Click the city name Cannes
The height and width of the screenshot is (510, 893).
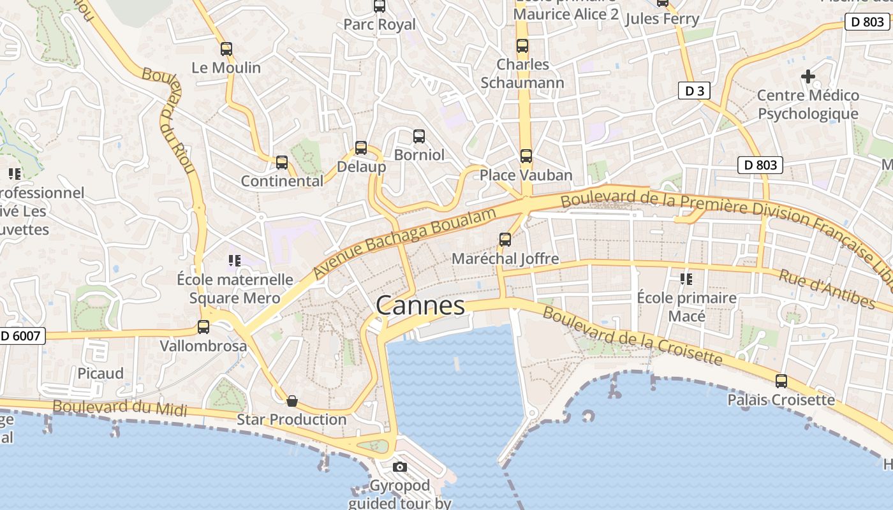pyautogui.click(x=420, y=305)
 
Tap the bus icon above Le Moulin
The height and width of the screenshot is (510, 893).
pyautogui.click(x=226, y=48)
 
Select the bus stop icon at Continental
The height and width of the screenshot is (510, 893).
pyautogui.click(x=282, y=163)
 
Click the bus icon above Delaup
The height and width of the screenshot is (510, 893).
pyautogui.click(x=361, y=148)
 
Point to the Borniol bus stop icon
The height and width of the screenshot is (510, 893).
pyautogui.click(x=419, y=136)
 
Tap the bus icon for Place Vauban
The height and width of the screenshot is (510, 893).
pyautogui.click(x=526, y=156)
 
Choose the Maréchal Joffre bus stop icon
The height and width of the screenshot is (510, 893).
pyautogui.click(x=505, y=240)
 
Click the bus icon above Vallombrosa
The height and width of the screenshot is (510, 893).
pyautogui.click(x=203, y=327)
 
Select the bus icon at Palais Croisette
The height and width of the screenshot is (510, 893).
pyautogui.click(x=781, y=381)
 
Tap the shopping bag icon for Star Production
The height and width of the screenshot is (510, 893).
pyautogui.click(x=292, y=401)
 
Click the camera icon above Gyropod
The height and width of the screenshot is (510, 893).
pyautogui.click(x=400, y=467)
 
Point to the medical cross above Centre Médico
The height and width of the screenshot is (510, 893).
pyautogui.click(x=808, y=77)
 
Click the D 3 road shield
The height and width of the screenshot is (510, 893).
pyautogui.click(x=694, y=91)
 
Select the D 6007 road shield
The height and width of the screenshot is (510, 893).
pyautogui.click(x=22, y=336)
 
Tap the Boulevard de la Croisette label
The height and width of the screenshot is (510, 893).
pyautogui.click(x=632, y=336)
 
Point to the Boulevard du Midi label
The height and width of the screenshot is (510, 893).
pyautogui.click(x=120, y=408)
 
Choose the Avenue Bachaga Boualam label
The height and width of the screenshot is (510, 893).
pyautogui.click(x=404, y=244)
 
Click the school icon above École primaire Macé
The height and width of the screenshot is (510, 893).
pyautogui.click(x=686, y=279)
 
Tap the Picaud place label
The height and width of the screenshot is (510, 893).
pyautogui.click(x=100, y=373)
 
